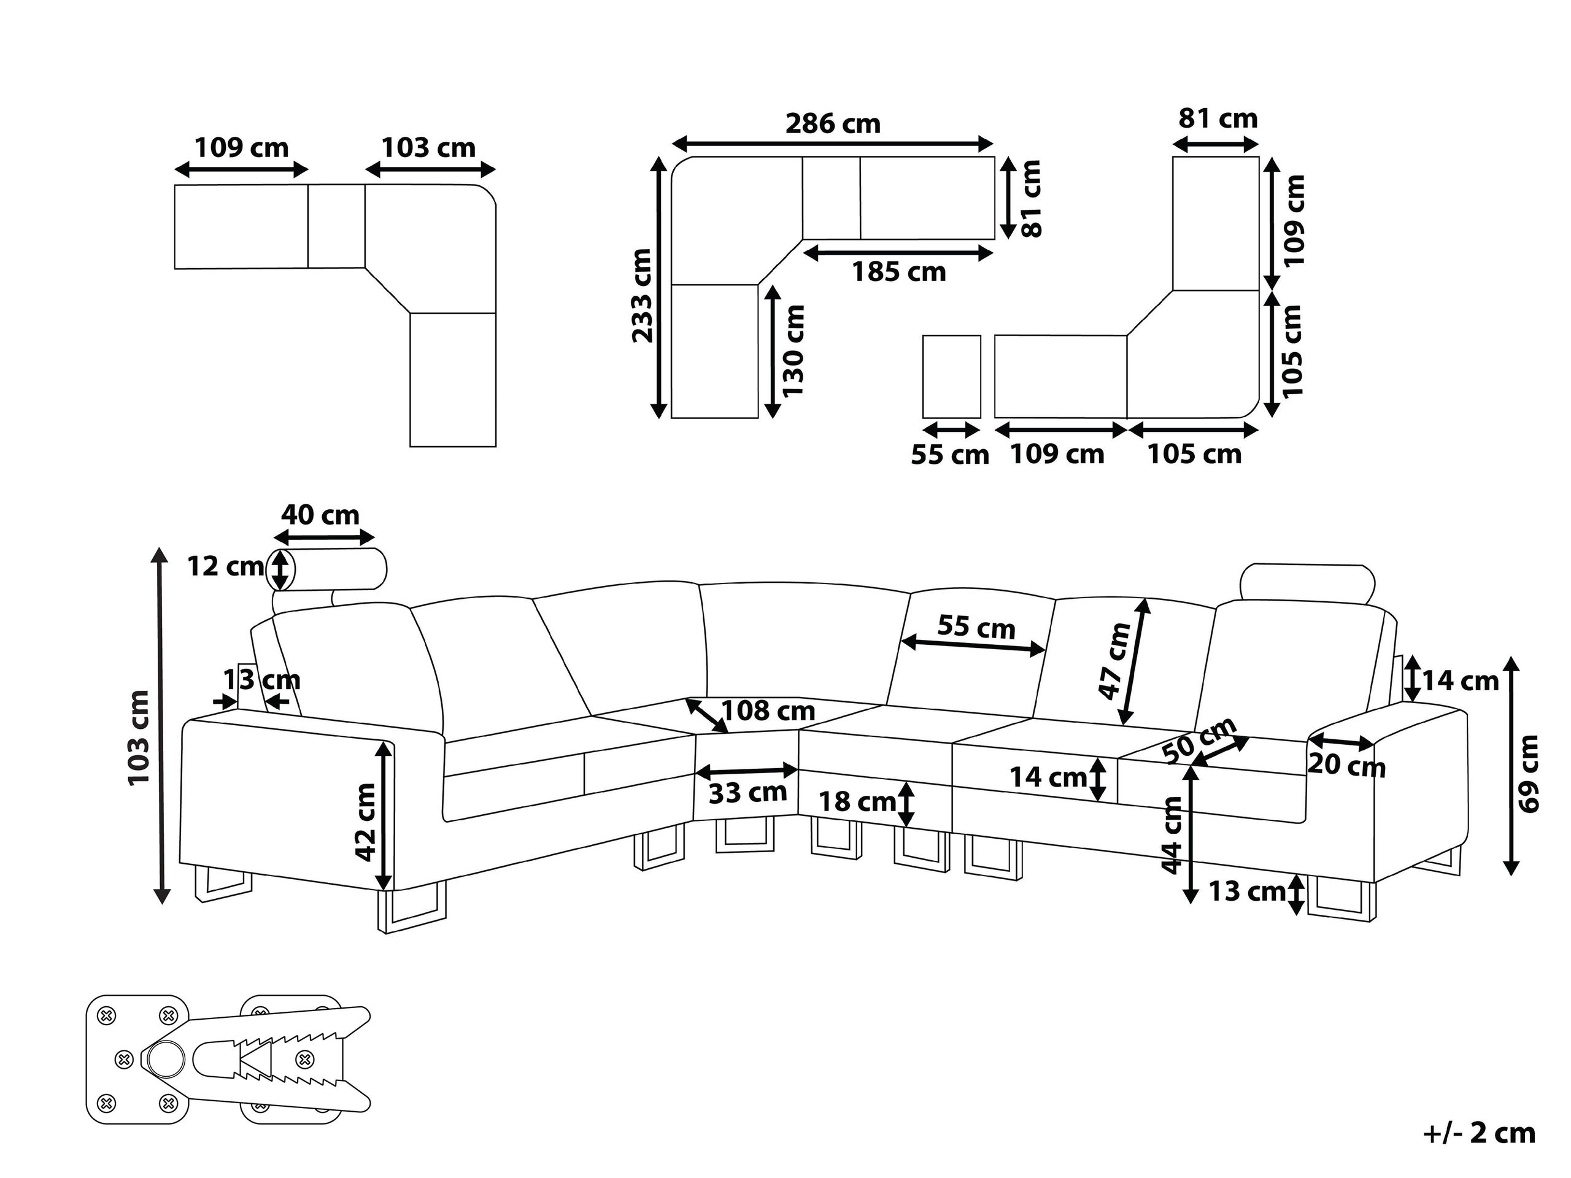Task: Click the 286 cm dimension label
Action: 832,125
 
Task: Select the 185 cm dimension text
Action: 898,272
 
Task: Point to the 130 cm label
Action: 793,351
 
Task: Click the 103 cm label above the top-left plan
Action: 428,148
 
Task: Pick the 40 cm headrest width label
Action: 320,515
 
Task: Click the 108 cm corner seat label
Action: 768,710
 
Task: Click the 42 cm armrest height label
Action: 366,822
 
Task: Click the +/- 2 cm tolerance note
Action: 1480,1133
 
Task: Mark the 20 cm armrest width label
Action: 1346,766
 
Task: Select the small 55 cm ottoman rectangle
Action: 952,376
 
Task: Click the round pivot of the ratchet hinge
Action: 166,1060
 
